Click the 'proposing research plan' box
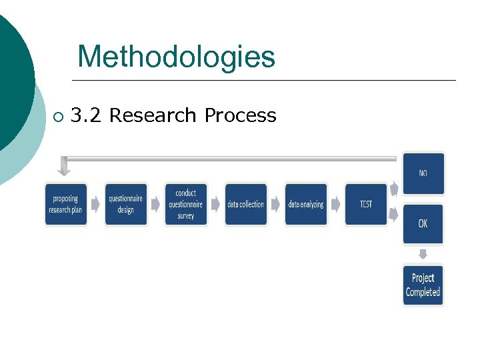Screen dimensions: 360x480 65,204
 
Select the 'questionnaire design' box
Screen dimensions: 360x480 125,204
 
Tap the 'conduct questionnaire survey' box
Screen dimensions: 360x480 185,204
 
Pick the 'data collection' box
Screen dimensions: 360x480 245,204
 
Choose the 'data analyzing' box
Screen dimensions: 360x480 305,204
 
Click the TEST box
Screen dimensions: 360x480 366,204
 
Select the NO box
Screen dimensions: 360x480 423,173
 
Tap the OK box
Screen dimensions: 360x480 423,223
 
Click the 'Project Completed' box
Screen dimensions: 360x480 423,285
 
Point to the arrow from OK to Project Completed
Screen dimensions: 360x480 423,255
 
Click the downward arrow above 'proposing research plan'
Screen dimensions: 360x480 63,167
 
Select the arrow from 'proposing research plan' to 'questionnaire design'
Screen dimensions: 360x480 95,204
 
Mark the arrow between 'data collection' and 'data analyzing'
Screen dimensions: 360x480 275,204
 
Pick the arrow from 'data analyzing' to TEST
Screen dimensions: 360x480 335,204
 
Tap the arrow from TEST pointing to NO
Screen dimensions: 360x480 395,188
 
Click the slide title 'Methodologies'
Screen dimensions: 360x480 176,57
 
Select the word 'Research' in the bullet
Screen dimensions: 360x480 153,115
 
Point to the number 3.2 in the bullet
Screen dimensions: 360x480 85,115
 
